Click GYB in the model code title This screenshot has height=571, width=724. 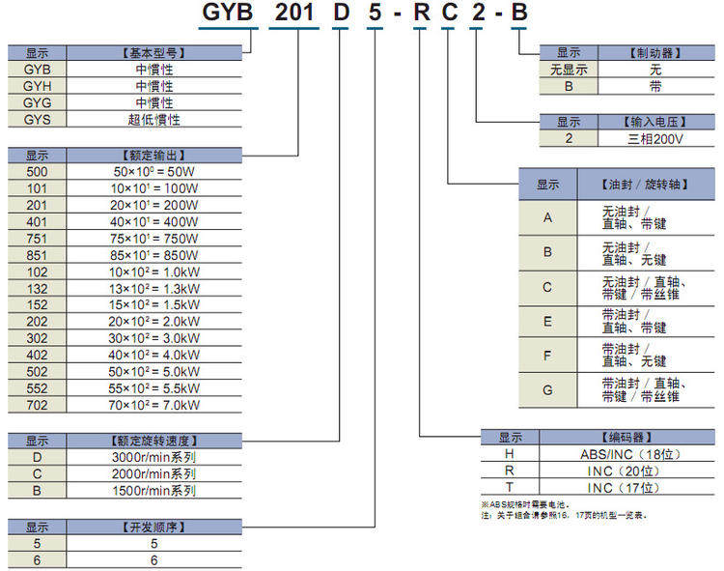(x=228, y=12)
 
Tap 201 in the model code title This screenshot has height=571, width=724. (x=294, y=12)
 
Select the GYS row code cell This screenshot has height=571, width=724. (x=37, y=120)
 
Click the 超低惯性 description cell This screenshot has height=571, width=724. (x=153, y=120)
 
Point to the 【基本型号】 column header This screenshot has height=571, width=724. (x=153, y=53)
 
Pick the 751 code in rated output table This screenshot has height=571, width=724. (x=37, y=239)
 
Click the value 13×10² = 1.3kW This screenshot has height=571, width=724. (x=154, y=289)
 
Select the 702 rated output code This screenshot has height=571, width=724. (x=37, y=405)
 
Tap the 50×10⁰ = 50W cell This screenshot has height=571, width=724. (x=154, y=172)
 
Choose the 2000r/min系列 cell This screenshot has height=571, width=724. (x=153, y=474)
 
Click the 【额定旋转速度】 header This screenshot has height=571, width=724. (x=153, y=441)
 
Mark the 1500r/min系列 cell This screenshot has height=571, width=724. (x=153, y=491)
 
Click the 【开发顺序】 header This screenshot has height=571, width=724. (x=153, y=528)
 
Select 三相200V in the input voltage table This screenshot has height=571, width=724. (x=654, y=139)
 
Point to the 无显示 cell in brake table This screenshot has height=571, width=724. (x=569, y=70)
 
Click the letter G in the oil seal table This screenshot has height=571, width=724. (x=547, y=390)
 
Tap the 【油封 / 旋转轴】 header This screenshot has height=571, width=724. (x=645, y=185)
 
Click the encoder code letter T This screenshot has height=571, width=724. (x=510, y=487)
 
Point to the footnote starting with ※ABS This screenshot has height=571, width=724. (x=525, y=505)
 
